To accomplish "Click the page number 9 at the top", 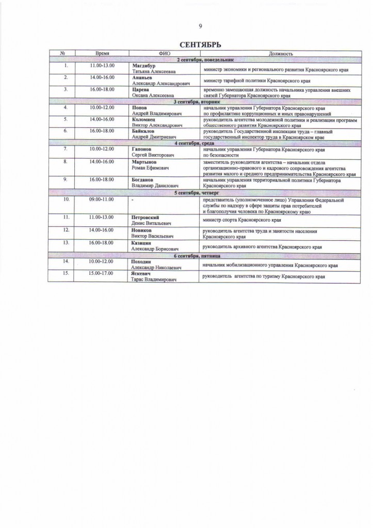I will click(x=200, y=27).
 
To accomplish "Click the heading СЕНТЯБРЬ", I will click(x=200, y=45).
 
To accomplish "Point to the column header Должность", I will click(x=281, y=54).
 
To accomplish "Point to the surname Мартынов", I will click(x=144, y=162).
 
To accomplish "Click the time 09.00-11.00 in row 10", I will click(x=102, y=199).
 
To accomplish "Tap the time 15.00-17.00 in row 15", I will click(x=102, y=273).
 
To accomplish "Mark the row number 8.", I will click(x=66, y=162).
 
